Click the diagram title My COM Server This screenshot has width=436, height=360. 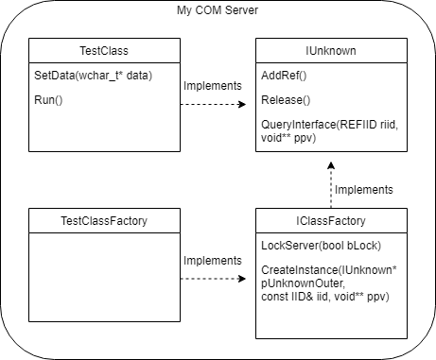tap(218, 9)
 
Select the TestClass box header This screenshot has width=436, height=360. tap(103, 51)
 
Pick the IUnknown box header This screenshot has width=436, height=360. tap(330, 51)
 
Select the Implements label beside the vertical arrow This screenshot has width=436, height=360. tap(364, 189)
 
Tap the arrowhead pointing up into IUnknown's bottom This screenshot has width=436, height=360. tap(330, 164)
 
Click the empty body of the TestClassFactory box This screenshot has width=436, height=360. tap(103, 283)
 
